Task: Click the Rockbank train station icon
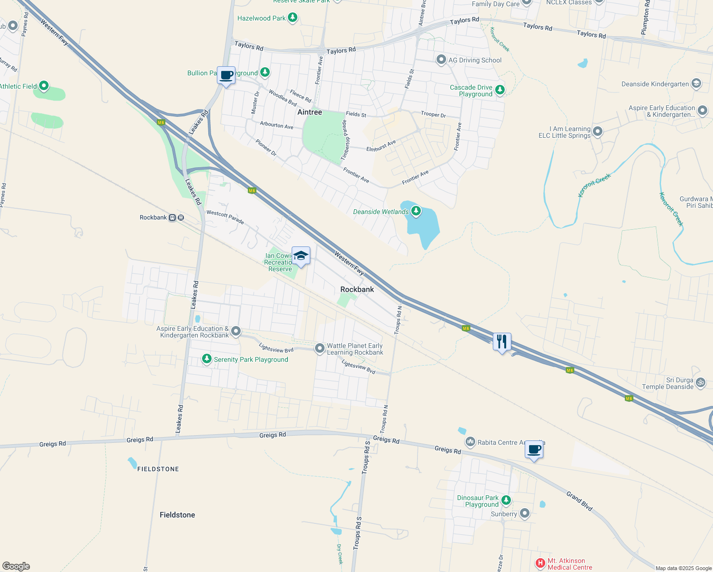coord(177,218)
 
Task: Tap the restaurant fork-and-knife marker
coord(501,341)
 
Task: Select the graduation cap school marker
coord(301,255)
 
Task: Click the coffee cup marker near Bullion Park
coord(226,75)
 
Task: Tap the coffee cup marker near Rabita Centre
coord(534,449)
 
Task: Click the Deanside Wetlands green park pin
coord(416,211)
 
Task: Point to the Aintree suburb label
coord(310,112)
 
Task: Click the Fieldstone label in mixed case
coord(177,515)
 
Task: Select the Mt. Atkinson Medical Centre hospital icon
coord(540,563)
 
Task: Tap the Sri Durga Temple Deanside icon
coord(701,382)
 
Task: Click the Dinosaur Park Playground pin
coord(506,500)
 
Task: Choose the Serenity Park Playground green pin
coord(206,358)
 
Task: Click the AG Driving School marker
coord(441,60)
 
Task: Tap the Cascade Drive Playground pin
coord(499,90)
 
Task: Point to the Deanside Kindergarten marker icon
coord(696,83)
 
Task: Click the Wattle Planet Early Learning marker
coord(320,348)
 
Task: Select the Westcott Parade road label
coord(225,217)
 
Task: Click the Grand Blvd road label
coord(579,501)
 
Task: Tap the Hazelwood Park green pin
coord(293,18)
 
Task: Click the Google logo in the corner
coord(16,566)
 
